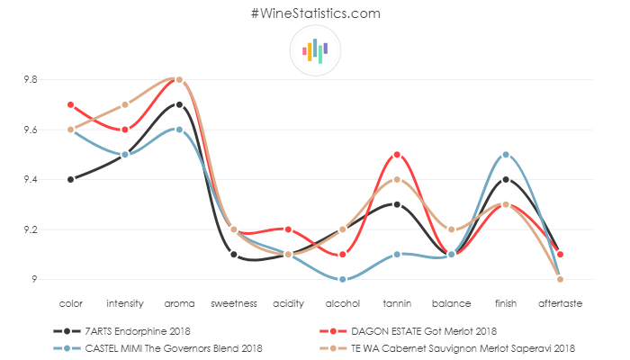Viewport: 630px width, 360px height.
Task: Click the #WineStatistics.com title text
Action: [315, 13]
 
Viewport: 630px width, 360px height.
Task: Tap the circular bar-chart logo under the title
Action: [315, 50]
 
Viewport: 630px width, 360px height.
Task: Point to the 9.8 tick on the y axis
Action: [31, 79]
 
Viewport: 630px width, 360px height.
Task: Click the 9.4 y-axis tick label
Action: [31, 180]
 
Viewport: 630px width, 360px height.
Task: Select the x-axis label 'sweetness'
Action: [234, 303]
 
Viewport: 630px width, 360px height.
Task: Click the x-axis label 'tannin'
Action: [397, 303]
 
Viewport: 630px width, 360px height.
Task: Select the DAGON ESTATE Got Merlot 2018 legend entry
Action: [422, 331]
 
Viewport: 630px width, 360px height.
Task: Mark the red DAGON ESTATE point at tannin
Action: [397, 155]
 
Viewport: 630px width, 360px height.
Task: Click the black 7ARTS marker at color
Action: [70, 179]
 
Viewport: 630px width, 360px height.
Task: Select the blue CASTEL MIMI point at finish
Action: [506, 155]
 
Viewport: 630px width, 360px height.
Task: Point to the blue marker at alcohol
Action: [343, 279]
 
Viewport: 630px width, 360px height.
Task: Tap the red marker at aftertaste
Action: [560, 255]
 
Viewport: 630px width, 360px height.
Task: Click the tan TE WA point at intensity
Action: [125, 104]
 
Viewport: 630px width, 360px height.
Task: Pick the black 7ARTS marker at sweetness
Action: [234, 255]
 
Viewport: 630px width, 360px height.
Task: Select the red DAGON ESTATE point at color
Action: [70, 104]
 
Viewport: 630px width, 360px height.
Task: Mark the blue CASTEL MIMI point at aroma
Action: [179, 130]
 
